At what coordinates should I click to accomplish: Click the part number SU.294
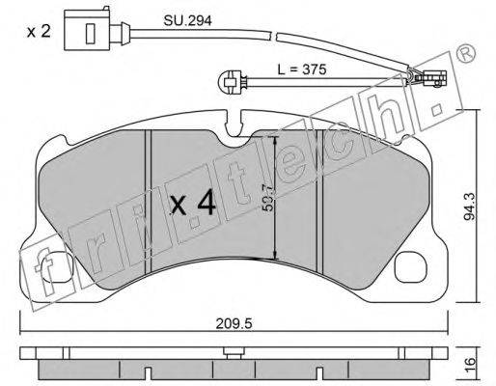(187, 21)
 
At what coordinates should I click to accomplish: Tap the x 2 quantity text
(39, 32)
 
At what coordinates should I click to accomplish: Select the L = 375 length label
(302, 69)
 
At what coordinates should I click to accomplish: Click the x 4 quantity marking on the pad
(193, 203)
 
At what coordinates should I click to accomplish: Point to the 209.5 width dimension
(234, 323)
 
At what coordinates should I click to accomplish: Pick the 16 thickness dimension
(470, 366)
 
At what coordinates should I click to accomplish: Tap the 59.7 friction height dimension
(267, 198)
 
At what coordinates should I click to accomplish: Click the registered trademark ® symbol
(466, 53)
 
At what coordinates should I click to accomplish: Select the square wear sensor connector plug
(87, 30)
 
